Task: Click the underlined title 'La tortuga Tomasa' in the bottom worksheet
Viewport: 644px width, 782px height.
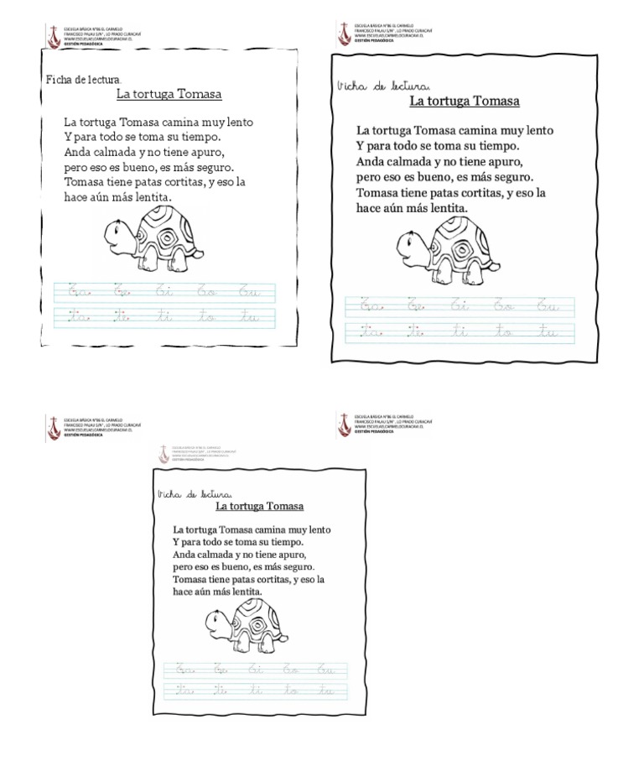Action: click(x=259, y=506)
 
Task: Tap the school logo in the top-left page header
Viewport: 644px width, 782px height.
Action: click(x=55, y=34)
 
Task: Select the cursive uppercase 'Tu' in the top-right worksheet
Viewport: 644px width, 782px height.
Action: click(x=548, y=306)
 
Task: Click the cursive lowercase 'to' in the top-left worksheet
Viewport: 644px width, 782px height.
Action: click(x=205, y=317)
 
